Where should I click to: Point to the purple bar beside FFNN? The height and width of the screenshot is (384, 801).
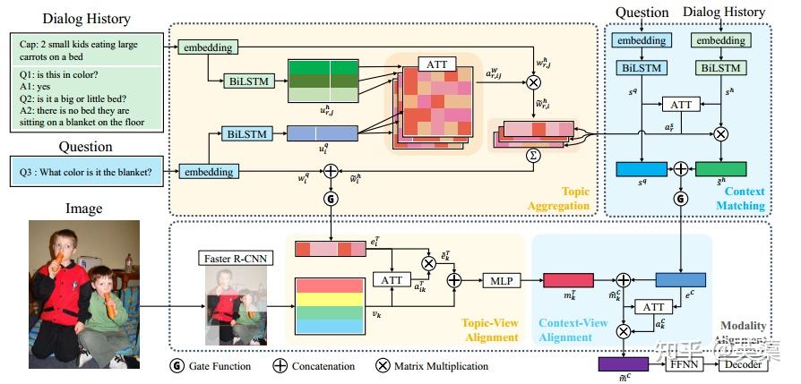[622, 364]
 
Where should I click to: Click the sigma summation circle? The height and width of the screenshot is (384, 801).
[534, 155]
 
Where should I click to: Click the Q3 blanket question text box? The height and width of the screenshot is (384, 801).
[87, 171]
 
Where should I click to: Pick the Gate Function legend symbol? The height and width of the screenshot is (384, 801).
[178, 365]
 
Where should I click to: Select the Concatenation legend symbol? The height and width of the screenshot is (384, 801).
[280, 365]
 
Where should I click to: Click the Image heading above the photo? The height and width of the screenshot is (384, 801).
[87, 209]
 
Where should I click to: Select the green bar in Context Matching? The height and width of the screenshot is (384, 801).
[722, 167]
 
